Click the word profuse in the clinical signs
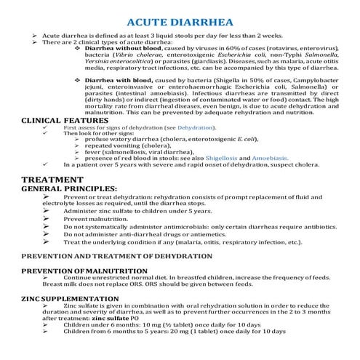click(96, 140)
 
